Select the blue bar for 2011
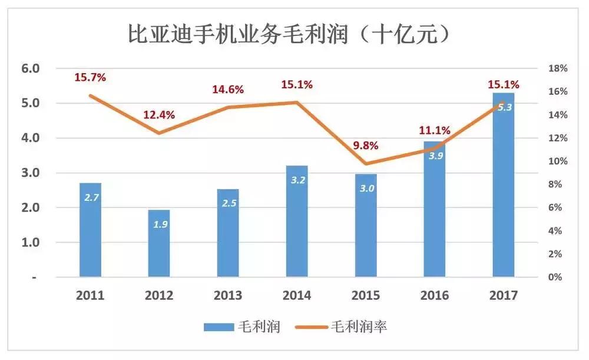pyautogui.click(x=90, y=230)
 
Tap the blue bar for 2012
pyautogui.click(x=159, y=243)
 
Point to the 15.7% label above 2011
pyautogui.click(x=90, y=77)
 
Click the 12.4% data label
pyautogui.click(x=159, y=115)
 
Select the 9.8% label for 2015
pyautogui.click(x=365, y=146)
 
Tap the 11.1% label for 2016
pyautogui.click(x=434, y=130)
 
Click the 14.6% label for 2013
pyautogui.click(x=228, y=90)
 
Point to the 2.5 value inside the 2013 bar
pyautogui.click(x=228, y=203)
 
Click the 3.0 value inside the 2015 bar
pyautogui.click(x=366, y=188)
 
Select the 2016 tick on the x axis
pyautogui.click(x=435, y=295)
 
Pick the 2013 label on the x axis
pyautogui.click(x=228, y=295)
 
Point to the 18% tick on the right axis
pyautogui.click(x=557, y=68)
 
